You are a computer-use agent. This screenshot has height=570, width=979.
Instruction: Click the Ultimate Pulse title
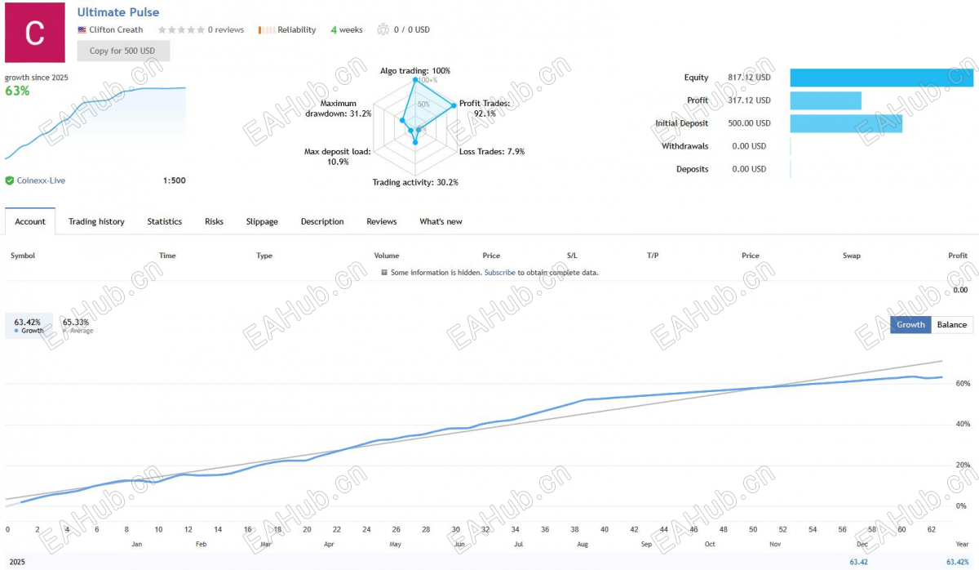[x=118, y=12]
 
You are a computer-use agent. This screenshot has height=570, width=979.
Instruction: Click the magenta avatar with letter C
[x=35, y=33]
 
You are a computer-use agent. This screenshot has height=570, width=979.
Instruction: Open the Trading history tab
[x=96, y=221]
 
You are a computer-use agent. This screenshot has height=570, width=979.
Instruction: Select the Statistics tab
[x=164, y=221]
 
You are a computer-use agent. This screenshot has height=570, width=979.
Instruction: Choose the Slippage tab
[x=262, y=221]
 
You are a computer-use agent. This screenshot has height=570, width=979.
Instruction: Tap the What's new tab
[x=441, y=221]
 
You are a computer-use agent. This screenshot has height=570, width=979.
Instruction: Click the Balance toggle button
[x=952, y=324]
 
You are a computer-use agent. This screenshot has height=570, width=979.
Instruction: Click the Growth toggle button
[x=910, y=324]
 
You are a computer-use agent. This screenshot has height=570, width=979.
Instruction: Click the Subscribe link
[x=499, y=273]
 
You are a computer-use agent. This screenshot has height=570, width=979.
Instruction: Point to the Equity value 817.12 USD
[x=749, y=78]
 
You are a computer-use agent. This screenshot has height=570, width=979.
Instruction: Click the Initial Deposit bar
[x=846, y=123]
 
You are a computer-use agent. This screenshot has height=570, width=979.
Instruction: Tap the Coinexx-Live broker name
[x=41, y=180]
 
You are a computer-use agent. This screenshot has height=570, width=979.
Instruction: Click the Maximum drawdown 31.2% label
[x=339, y=109]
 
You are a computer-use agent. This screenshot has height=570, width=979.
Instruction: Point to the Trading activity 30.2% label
[x=415, y=182]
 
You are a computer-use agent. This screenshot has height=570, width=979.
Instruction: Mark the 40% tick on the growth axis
[x=963, y=424]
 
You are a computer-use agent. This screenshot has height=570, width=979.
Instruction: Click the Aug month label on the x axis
[x=583, y=544]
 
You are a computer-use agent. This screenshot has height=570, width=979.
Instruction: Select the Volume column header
[x=387, y=256]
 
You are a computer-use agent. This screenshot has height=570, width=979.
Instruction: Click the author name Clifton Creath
[x=116, y=29]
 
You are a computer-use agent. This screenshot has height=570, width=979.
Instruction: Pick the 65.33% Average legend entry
[x=78, y=326]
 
